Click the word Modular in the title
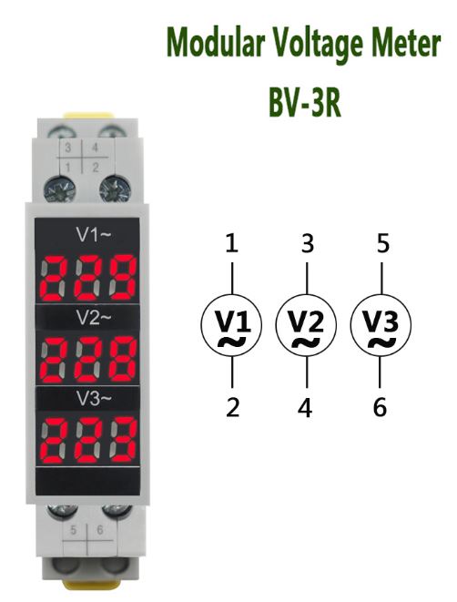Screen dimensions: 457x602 [x=216, y=43]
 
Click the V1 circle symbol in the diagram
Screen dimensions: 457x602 [x=231, y=325]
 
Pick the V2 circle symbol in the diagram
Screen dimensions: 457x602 [x=306, y=325]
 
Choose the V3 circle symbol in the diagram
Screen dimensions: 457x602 [x=381, y=325]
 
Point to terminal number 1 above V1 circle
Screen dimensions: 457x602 [x=232, y=243]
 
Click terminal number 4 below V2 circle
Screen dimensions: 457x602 [x=305, y=407]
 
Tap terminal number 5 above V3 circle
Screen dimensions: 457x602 [x=383, y=243]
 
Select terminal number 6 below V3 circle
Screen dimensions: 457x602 [x=380, y=407]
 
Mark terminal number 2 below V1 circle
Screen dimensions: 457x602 [x=232, y=407]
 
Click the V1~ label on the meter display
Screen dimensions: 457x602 [x=94, y=235]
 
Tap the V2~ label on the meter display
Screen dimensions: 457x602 [x=94, y=317]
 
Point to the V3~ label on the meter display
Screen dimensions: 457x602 [x=94, y=399]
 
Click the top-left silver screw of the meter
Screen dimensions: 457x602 [x=60, y=189]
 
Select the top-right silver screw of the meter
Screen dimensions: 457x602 [x=115, y=189]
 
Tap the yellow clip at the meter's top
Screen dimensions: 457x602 [x=88, y=116]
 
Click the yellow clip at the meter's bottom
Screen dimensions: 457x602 [x=88, y=585]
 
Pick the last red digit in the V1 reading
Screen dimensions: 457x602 [x=123, y=278]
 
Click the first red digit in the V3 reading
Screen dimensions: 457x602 [x=54, y=441]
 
